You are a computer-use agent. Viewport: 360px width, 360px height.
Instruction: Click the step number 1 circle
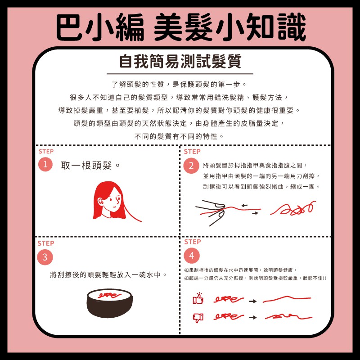coord(45,164)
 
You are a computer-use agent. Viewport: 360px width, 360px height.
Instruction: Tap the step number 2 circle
coord(191,166)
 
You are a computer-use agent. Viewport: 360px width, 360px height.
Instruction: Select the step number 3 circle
coord(45,257)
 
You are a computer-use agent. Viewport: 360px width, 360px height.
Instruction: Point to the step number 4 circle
coord(192,256)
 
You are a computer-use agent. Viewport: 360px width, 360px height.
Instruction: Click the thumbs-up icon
coord(198,298)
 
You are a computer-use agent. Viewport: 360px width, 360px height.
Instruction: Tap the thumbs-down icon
coord(198,318)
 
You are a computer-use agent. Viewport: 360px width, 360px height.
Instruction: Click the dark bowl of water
coord(109,303)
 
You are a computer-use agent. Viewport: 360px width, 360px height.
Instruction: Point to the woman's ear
coord(100,202)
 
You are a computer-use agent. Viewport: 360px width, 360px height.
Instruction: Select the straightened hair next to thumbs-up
coord(287,299)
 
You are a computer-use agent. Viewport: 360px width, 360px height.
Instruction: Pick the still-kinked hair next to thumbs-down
coord(288,317)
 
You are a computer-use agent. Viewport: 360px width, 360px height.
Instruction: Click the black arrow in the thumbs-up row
coord(253,301)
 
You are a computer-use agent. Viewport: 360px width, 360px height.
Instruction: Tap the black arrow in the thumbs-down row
coord(253,317)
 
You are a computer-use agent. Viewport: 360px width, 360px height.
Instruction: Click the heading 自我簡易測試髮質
coord(180,61)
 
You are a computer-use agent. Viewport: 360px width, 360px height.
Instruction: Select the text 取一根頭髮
coord(86,165)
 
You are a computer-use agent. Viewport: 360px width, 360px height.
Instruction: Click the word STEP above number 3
coord(46,243)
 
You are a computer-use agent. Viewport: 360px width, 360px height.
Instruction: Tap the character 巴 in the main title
coord(69,27)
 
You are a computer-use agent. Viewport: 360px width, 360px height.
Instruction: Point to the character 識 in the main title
coord(292,27)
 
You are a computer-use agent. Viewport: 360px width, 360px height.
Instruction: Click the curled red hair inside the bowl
coord(109,295)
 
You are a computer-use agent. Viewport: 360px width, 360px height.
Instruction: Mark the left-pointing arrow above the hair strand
coord(244,205)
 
